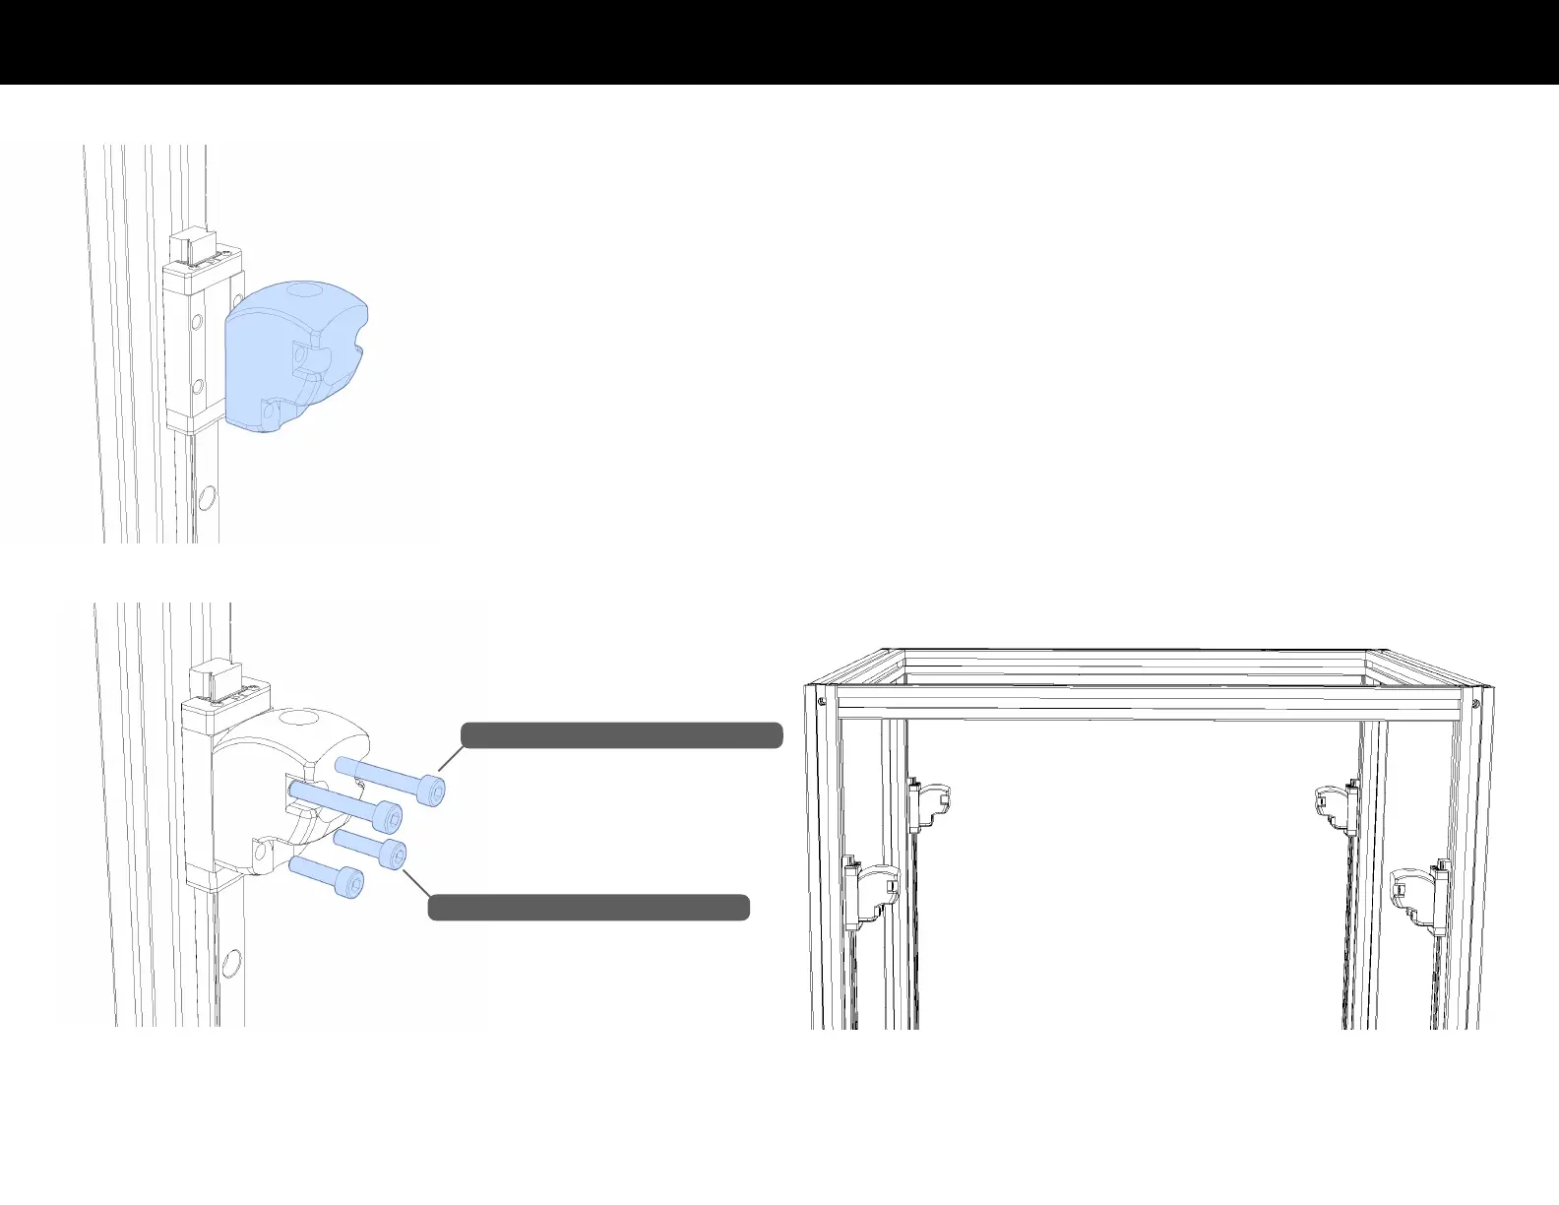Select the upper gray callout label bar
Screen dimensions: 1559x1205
click(622, 735)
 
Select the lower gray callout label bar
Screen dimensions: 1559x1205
click(589, 908)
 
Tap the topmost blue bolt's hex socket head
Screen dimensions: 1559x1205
click(432, 790)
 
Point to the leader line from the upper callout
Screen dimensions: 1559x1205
click(450, 759)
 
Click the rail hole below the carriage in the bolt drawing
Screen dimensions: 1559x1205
click(232, 960)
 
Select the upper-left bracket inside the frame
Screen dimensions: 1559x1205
click(930, 801)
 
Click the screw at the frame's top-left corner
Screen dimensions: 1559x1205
click(821, 702)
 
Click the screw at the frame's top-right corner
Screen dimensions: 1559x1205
click(1475, 703)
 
